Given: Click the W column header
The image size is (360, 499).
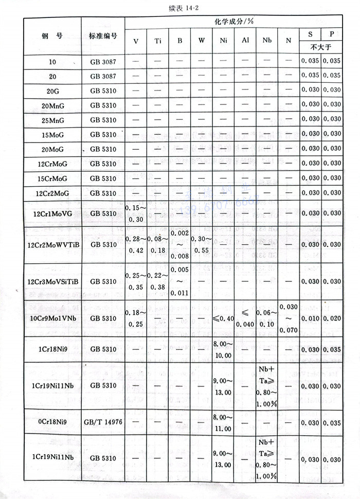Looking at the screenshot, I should tap(202, 41).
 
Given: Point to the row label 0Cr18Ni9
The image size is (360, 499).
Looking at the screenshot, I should tap(52, 422).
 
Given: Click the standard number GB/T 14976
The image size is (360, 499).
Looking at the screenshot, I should tap(103, 422).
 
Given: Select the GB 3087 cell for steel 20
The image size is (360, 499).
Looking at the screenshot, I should tap(103, 76).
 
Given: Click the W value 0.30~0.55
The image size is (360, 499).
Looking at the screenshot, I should tap(202, 244).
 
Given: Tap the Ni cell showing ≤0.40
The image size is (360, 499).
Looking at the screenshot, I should tap(223, 318).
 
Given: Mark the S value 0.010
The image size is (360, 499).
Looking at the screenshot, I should tap(311, 318).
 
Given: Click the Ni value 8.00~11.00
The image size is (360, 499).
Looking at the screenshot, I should tap(223, 422).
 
